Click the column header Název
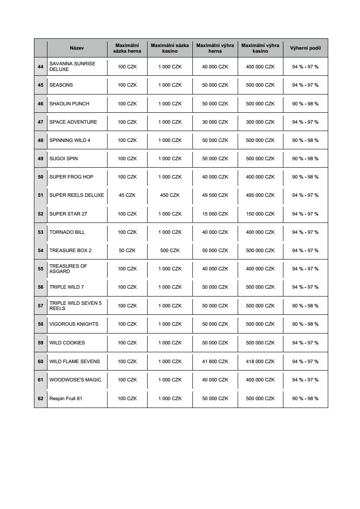[77, 48]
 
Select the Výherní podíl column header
[305, 48]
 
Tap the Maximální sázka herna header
[127, 48]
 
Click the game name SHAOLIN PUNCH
[69, 104]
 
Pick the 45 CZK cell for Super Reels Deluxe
[127, 195]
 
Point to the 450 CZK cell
[170, 195]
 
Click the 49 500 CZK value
[215, 195]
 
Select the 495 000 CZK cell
[260, 195]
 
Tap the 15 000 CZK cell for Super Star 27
[215, 214]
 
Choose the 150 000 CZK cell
[260, 214]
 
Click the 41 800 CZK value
[215, 361]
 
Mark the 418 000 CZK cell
[260, 361]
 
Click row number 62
[40, 398]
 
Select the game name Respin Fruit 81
[66, 398]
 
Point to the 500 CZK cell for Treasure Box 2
[170, 250]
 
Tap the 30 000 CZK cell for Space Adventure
[215, 122]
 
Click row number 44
[40, 67]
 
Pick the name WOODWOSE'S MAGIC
[75, 380]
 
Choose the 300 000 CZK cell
[260, 122]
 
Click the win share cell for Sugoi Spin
[305, 158]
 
